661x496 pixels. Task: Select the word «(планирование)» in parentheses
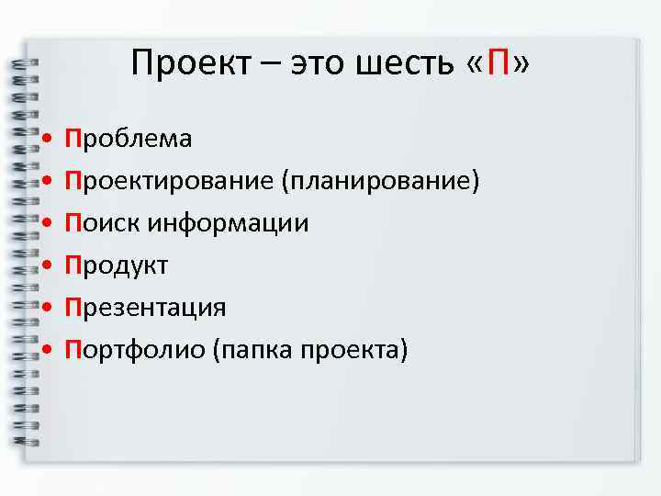pos(381,181)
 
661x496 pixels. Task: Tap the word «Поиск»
pos(102,223)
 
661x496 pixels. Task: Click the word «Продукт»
pos(117,265)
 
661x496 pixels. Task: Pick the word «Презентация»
pos(145,307)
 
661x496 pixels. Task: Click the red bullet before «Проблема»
pos(46,140)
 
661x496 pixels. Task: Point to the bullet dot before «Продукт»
pos(46,266)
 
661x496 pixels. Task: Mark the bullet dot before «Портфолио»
pos(46,350)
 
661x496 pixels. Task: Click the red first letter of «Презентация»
pos(73,307)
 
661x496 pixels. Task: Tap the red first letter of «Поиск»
pos(73,223)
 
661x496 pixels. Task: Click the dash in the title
pos(272,66)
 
